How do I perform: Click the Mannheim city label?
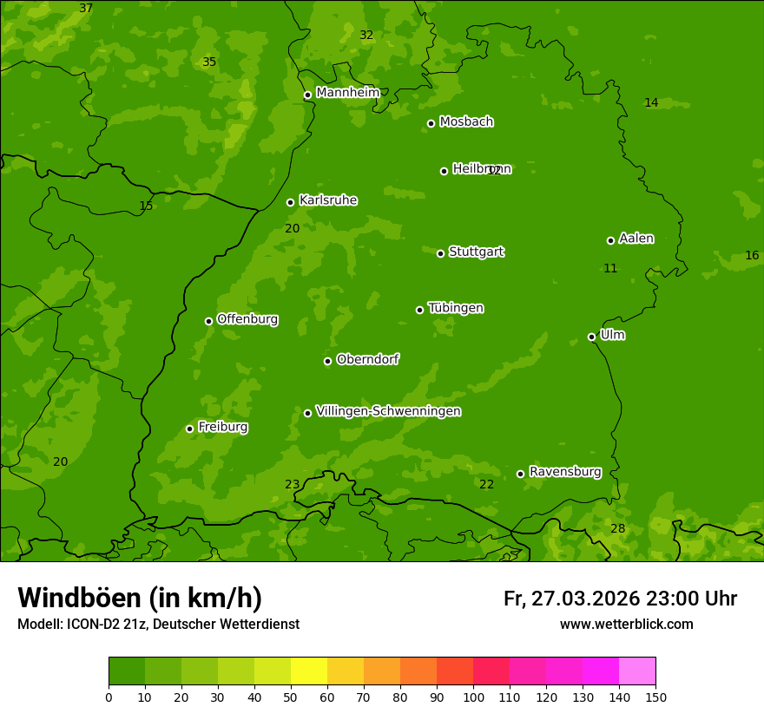347,93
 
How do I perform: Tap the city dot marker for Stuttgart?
440,253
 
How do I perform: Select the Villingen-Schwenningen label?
388,411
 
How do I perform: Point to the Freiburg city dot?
189,429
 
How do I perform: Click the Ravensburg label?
564,472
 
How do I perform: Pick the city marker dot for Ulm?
591,337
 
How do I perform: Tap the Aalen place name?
636,239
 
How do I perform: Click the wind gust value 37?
86,9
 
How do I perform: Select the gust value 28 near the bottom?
617,528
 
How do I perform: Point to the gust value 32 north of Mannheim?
366,36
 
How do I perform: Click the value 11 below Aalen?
610,269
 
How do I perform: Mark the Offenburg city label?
247,319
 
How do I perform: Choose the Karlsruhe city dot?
290,202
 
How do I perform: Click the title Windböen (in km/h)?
140,598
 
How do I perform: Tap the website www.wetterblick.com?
626,625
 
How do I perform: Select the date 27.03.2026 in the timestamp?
585,599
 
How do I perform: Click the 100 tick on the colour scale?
473,697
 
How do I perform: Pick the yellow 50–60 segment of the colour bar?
309,671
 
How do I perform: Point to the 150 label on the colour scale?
655,697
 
